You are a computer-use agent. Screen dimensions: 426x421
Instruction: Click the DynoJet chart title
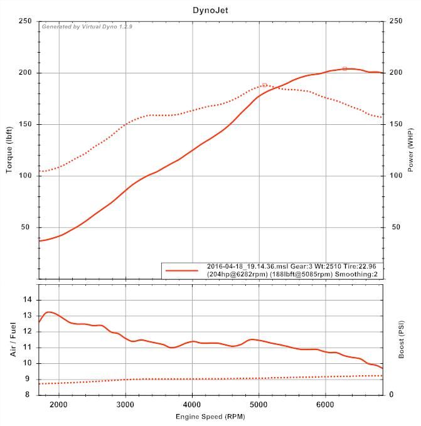(210, 10)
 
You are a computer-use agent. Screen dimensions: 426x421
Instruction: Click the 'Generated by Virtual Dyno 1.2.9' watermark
(87, 27)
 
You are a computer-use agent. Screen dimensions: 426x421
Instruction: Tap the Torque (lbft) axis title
(9, 150)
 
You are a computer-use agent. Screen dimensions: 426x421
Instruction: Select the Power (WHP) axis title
(410, 150)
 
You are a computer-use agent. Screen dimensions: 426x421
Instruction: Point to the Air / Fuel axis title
(13, 339)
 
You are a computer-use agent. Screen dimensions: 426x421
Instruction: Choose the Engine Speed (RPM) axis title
(210, 416)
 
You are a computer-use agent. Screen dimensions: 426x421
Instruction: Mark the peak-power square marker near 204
(344, 68)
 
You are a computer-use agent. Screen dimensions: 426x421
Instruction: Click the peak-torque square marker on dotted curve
(265, 85)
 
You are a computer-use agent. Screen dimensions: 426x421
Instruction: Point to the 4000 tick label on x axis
(192, 404)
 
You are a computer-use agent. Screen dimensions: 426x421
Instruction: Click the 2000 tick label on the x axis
(59, 404)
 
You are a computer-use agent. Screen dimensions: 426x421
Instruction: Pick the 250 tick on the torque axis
(25, 21)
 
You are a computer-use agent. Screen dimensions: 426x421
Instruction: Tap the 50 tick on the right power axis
(395, 227)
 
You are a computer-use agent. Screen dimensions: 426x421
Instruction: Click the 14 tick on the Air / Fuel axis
(28, 300)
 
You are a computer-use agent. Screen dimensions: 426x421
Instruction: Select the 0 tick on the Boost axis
(392, 395)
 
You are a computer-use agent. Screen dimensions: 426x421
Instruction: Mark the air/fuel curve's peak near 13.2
(49, 312)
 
